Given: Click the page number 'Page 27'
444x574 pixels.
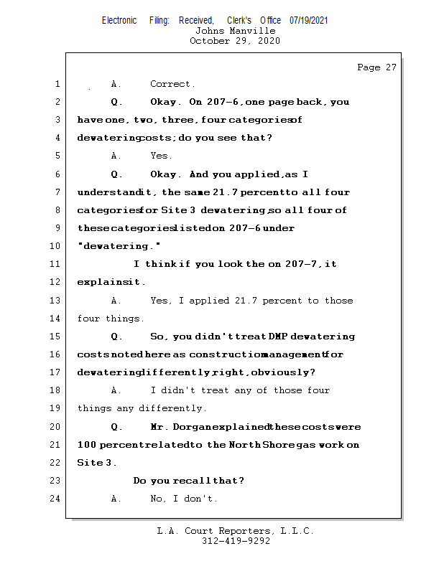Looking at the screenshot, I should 376,67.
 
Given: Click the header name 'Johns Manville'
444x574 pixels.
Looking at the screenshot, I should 235,31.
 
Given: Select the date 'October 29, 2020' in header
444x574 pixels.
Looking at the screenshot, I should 235,41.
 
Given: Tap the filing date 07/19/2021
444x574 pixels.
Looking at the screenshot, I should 309,20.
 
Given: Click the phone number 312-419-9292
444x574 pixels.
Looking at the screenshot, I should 236,541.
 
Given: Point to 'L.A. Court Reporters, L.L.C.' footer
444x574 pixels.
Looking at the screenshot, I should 236,531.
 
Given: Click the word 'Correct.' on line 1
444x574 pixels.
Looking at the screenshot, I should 172,84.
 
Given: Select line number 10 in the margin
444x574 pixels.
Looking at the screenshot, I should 56,246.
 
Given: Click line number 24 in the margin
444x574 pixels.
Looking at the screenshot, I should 56,499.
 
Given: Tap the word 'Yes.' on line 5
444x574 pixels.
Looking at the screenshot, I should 161,156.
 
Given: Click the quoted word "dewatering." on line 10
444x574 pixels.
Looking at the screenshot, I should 108,246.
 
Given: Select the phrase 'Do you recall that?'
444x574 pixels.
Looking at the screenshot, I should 189,481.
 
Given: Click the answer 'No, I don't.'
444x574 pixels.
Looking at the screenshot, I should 184,499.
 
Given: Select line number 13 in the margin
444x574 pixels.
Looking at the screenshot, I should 56,301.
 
